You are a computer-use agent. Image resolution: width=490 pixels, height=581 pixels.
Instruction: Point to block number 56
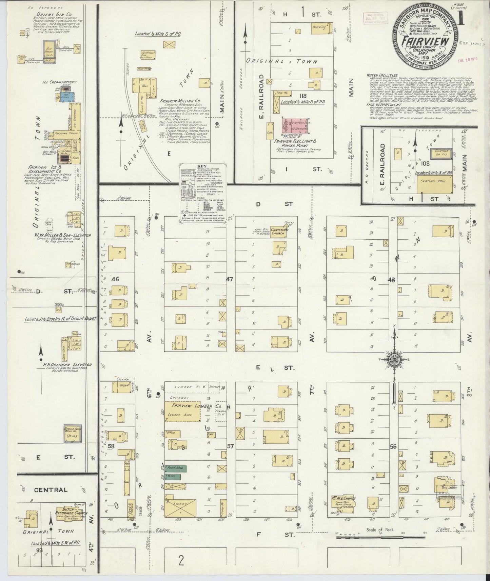pyautogui.click(x=393, y=447)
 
